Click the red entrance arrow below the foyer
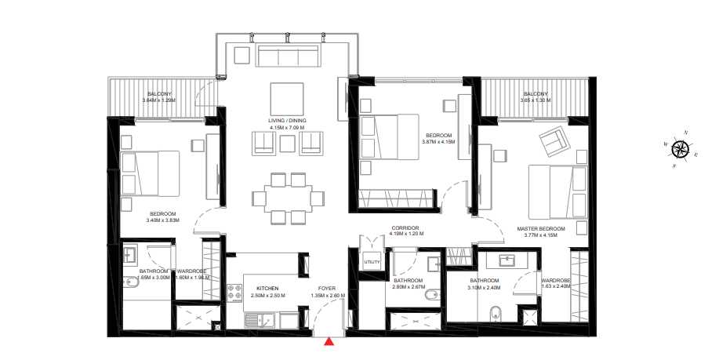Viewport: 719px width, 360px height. pos(329,342)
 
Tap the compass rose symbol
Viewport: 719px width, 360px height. pos(681,148)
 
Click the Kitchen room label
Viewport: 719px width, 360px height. pos(268,288)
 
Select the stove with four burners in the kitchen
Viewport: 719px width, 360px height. pos(234,293)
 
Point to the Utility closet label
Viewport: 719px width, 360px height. pos(372,262)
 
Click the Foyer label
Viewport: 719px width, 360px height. pos(327,288)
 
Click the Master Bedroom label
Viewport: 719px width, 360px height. pos(541,228)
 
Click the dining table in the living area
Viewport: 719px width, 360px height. pos(288,198)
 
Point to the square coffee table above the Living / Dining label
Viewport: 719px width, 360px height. pos(287,99)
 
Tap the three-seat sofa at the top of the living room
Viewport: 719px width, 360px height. pos(288,56)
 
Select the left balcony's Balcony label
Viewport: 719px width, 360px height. pos(160,94)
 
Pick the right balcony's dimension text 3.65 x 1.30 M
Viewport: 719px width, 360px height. pos(535,100)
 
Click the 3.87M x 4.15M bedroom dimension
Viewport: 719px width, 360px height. pos(439,142)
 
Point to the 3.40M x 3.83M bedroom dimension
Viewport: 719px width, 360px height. pos(162,220)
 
